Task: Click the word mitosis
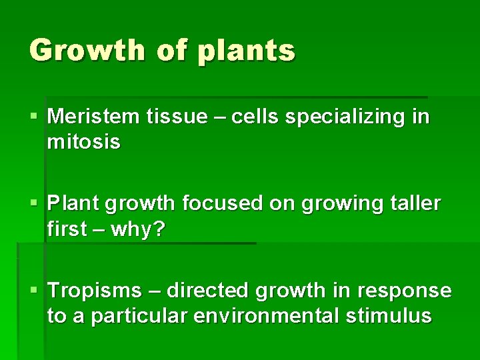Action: [84, 142]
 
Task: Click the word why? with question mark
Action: [137, 229]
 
